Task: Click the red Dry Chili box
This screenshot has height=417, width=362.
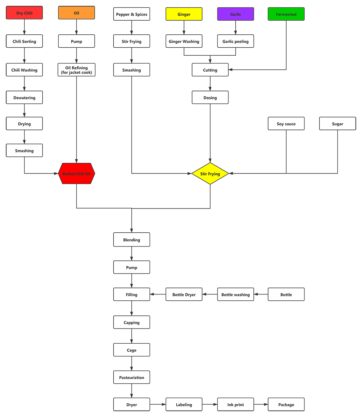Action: click(x=24, y=13)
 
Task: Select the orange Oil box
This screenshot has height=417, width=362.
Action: click(x=76, y=13)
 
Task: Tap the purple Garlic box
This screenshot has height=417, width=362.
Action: click(x=236, y=14)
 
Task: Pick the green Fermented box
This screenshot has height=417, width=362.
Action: click(x=286, y=14)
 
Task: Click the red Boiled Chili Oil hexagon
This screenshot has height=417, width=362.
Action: click(x=76, y=174)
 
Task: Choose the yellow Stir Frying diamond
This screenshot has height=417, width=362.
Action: click(x=210, y=174)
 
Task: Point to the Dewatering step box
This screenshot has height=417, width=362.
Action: click(x=24, y=98)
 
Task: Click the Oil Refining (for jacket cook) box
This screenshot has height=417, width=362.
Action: click(x=76, y=70)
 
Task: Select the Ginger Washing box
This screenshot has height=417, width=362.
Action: click(x=184, y=42)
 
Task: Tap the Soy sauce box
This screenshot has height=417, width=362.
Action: click(x=286, y=124)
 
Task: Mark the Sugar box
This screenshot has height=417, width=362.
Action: click(x=337, y=124)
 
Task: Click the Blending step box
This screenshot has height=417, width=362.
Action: click(x=131, y=240)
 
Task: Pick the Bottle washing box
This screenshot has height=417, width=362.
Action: click(x=236, y=295)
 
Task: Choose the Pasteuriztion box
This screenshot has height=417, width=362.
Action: click(x=131, y=378)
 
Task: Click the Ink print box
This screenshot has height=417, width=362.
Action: click(x=236, y=405)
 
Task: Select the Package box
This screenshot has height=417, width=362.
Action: click(x=286, y=405)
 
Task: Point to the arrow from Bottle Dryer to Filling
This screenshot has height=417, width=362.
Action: click(x=158, y=295)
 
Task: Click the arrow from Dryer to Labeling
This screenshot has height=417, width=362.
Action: click(x=158, y=404)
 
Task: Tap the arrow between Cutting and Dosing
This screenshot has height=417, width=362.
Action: click(x=210, y=83)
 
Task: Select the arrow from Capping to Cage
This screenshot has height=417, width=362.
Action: click(x=131, y=336)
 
